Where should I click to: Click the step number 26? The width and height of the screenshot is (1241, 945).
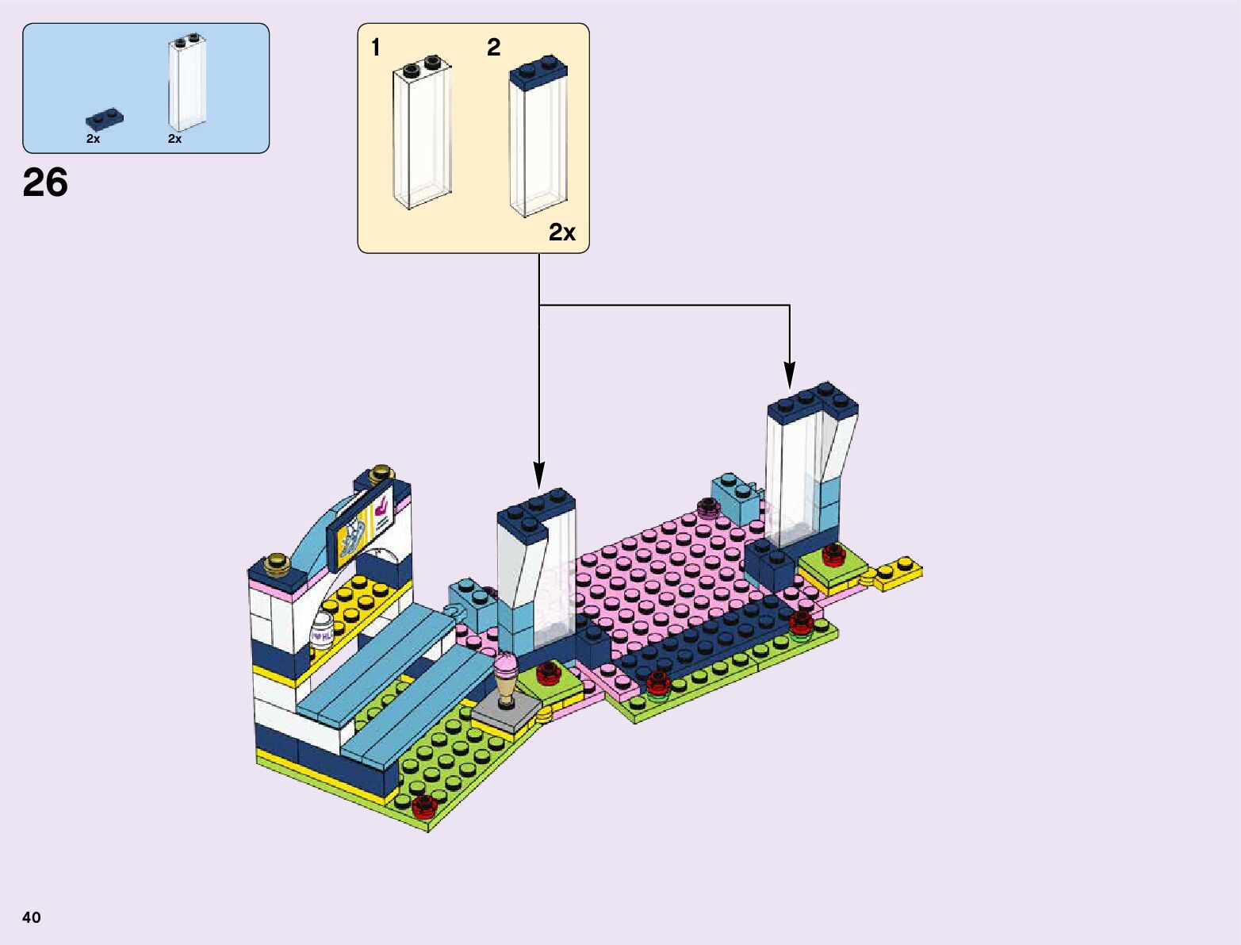[45, 183]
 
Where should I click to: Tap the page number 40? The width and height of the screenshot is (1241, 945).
[32, 917]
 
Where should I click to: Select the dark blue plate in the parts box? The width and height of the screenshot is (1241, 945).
[105, 119]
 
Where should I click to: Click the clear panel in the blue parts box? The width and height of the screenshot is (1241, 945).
[187, 83]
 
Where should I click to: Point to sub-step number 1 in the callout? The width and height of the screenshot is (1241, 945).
[376, 48]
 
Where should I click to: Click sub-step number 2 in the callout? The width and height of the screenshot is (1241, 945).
[493, 48]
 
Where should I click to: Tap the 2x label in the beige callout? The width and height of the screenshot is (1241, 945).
[561, 232]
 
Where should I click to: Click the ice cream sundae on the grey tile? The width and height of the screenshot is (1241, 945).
[506, 679]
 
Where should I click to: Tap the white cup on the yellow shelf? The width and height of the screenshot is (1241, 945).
[320, 632]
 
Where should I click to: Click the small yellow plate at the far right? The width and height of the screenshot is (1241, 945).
[899, 571]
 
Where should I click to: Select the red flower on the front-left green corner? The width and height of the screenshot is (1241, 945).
[423, 805]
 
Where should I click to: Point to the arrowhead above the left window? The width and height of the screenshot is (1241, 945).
[539, 475]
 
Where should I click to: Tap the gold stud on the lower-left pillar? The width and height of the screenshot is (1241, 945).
[278, 561]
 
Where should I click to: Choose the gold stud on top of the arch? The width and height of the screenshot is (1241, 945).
[381, 472]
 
